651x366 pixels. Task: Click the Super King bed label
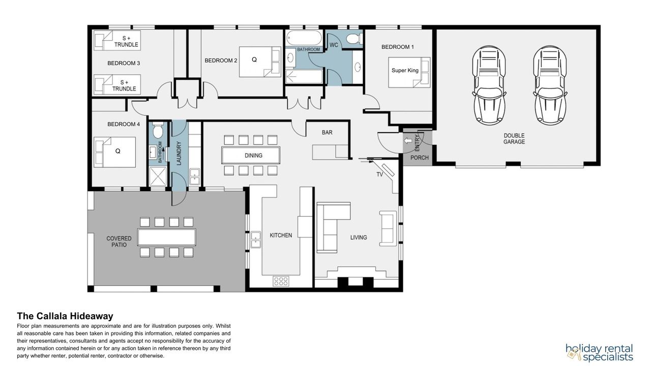[x=405, y=70]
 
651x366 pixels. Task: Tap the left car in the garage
[x=489, y=85]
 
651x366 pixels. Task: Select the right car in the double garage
[x=550, y=85]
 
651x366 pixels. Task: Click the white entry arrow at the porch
[x=408, y=141]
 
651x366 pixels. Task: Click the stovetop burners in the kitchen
[x=281, y=281]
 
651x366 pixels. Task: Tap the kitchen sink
[x=256, y=240]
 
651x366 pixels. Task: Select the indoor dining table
[x=251, y=156]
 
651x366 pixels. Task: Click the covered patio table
[x=167, y=237]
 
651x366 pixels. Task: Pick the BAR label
[x=327, y=133]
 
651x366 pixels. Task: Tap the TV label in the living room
[x=379, y=174]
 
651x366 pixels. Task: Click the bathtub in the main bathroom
[x=304, y=38]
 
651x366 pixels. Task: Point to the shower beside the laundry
[x=158, y=176]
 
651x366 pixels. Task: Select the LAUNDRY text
[x=179, y=153]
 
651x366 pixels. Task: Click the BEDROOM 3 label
[x=124, y=63]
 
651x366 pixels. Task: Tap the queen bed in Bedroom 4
[x=115, y=152]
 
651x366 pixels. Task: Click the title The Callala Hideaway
[x=65, y=316]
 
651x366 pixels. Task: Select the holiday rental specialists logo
[x=599, y=352]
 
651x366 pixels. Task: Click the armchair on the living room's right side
[x=388, y=229]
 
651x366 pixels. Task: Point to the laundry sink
[x=194, y=176]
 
